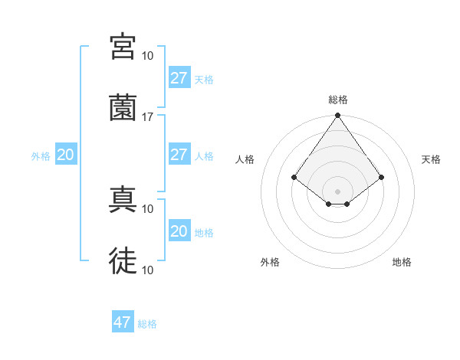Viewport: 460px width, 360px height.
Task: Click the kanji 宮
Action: click(123, 47)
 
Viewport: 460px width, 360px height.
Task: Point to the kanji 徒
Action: click(123, 261)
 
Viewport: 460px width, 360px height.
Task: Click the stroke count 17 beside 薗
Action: click(148, 116)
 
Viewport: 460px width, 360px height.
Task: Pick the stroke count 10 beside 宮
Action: click(148, 56)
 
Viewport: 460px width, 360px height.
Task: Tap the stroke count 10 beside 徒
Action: click(148, 270)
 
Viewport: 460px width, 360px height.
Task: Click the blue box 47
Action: click(123, 322)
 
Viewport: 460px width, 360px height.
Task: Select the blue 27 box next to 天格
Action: click(179, 78)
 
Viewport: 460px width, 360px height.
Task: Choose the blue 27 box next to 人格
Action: click(179, 155)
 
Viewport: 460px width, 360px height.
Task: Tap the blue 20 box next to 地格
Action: click(179, 231)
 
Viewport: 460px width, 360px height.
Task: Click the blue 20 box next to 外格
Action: click(65, 155)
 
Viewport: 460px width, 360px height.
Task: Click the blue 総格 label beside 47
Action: click(147, 324)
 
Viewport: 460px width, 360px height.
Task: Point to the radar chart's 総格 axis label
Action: click(337, 100)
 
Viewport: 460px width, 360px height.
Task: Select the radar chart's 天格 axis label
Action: click(431, 159)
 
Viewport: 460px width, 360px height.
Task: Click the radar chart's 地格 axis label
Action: click(402, 262)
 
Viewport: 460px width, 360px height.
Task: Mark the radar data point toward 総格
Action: click(337, 116)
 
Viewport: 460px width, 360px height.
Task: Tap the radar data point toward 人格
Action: click(294, 177)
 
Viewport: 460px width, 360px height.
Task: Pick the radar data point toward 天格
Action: click(381, 177)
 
